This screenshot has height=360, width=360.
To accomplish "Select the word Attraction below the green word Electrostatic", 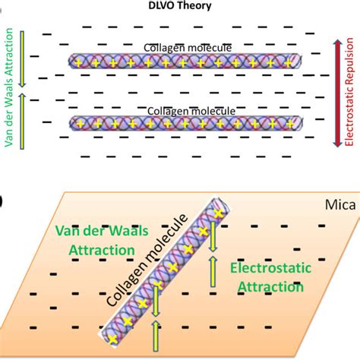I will (270, 287).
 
